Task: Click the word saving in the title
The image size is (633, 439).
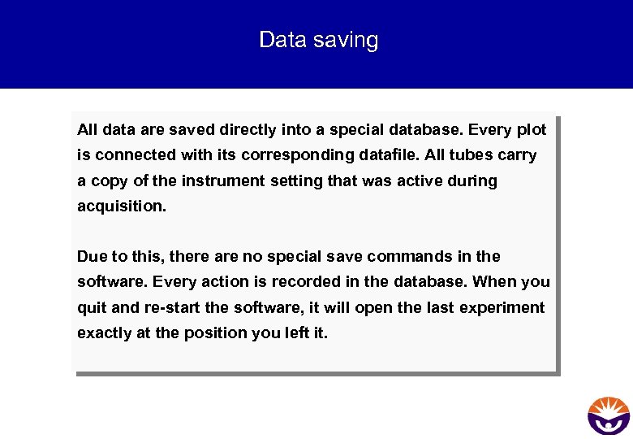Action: tap(350, 40)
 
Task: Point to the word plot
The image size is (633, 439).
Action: tap(531, 129)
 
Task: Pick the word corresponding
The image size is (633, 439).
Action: tap(301, 154)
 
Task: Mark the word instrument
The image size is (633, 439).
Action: tap(223, 180)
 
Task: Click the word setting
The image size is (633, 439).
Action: tap(296, 180)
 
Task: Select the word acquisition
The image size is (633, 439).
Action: tap(122, 206)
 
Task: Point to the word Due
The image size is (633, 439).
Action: tap(93, 257)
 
